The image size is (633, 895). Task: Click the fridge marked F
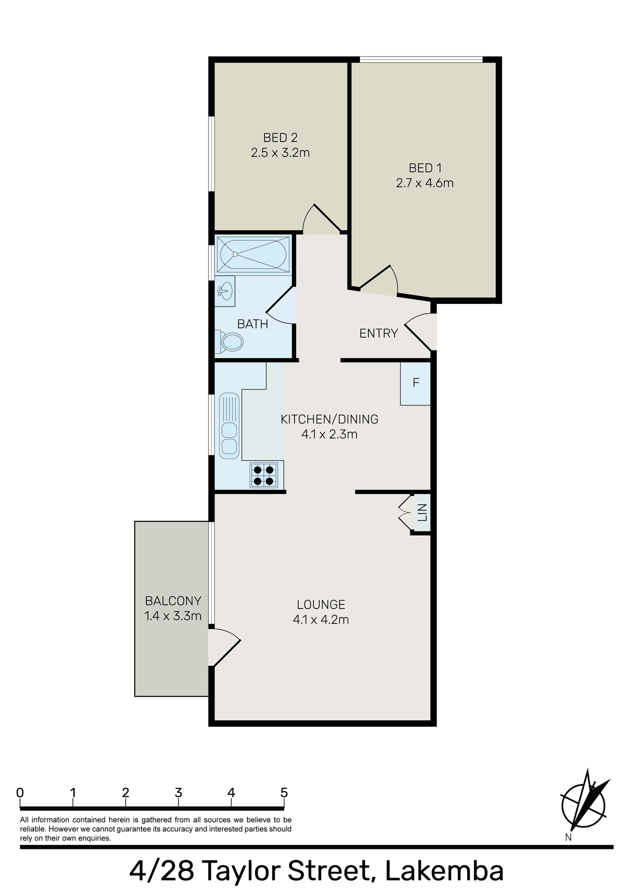click(415, 383)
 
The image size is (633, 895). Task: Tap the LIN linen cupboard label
click(423, 512)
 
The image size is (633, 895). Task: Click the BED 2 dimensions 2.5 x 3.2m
click(280, 153)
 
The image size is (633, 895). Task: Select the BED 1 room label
click(425, 168)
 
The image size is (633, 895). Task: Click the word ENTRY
click(378, 334)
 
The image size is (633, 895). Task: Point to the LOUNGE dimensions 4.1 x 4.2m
click(321, 619)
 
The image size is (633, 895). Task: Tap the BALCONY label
click(173, 601)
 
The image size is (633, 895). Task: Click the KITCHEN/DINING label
click(330, 419)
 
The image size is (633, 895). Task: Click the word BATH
click(252, 324)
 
